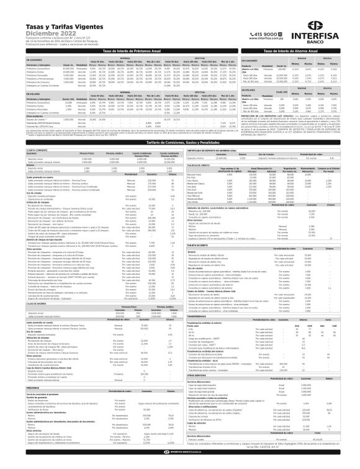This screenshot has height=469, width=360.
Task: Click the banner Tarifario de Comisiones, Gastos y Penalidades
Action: pyautogui.click(x=180, y=142)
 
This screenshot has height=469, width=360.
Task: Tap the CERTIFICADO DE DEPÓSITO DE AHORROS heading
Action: pyautogui.click(x=217, y=151)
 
